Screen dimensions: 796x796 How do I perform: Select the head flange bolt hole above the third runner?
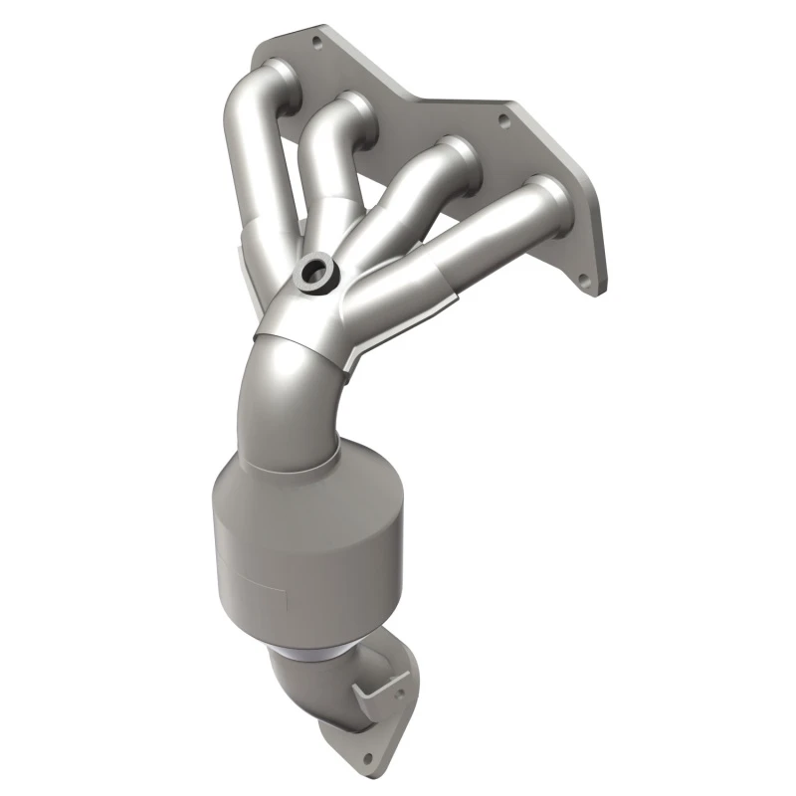(x=502, y=119)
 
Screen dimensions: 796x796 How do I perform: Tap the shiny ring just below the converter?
(x=310, y=651)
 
